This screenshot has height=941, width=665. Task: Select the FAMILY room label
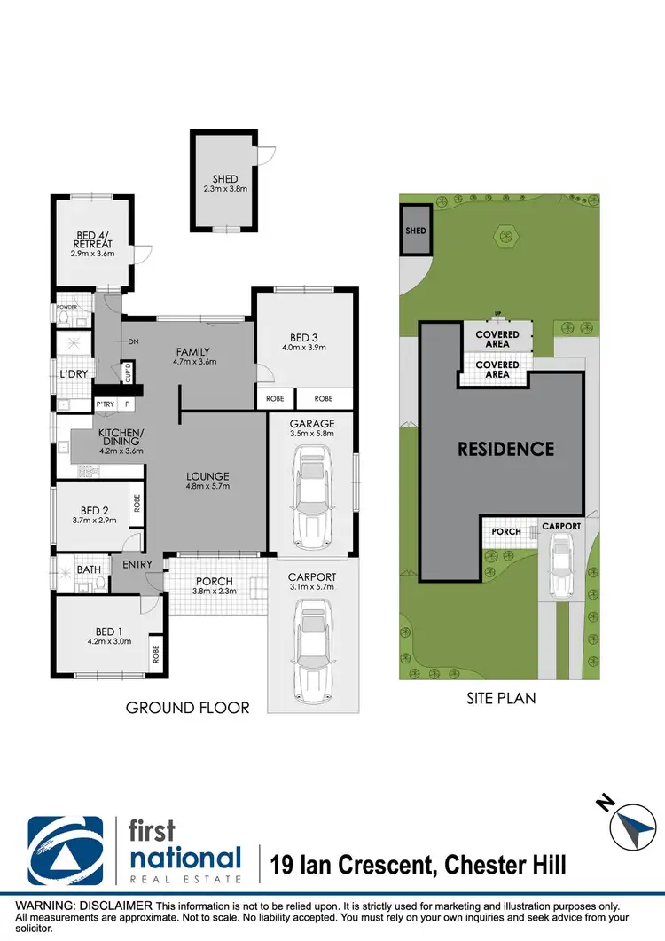coord(193,350)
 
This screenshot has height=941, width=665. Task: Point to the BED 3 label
coord(305,337)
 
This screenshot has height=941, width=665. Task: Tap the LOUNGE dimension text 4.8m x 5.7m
coord(207,486)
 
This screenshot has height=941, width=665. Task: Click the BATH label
coord(89,570)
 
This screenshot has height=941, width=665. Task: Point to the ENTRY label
coord(137,564)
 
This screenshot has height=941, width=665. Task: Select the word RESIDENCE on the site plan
coord(505,449)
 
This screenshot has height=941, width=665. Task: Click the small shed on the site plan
coord(416,231)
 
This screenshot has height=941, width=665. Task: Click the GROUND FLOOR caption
coord(188,707)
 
